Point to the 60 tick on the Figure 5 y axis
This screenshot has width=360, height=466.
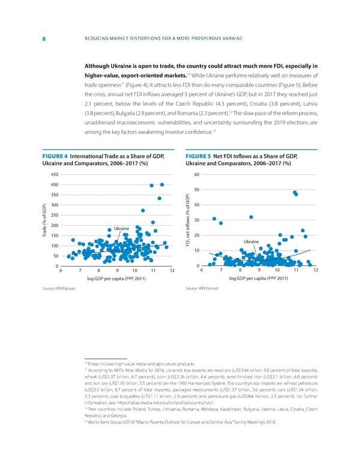(203, 175)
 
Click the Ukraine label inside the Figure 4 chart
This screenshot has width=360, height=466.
(122, 228)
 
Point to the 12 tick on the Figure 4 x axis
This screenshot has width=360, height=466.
(172, 287)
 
